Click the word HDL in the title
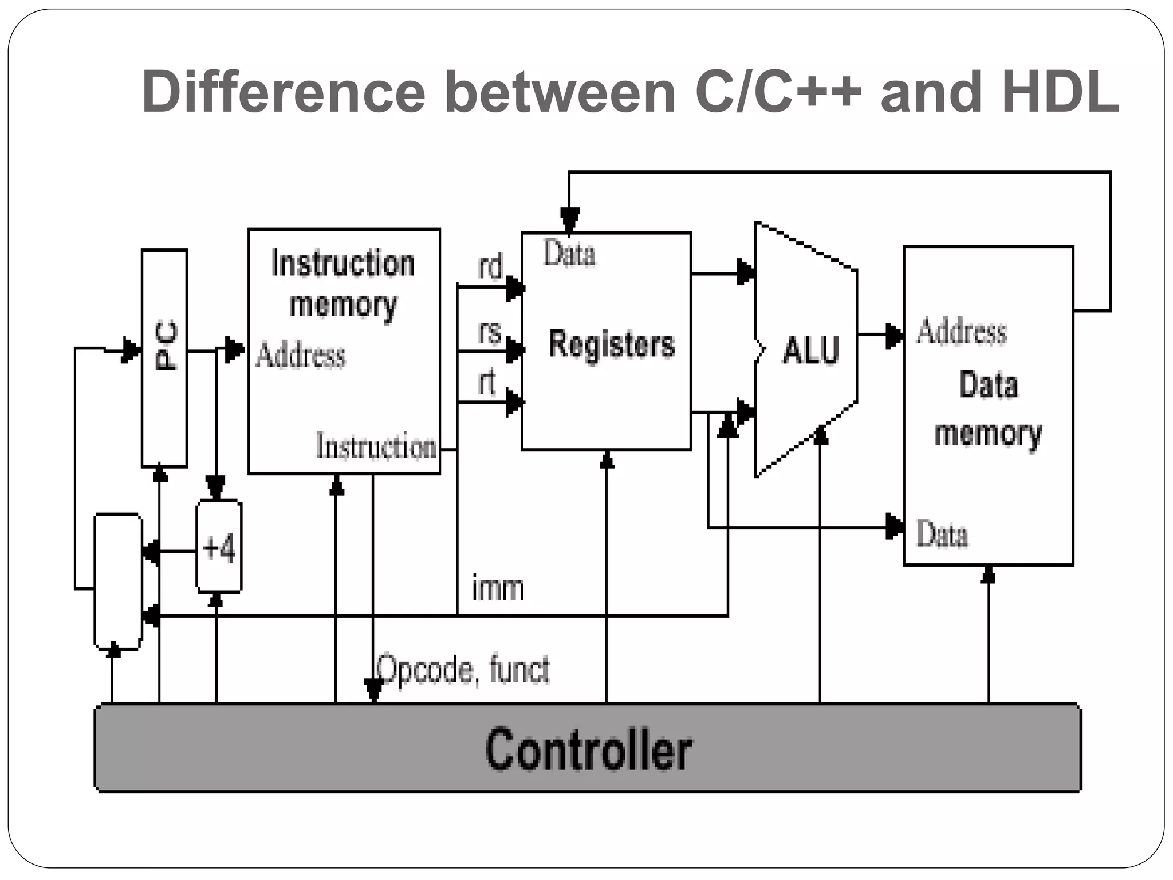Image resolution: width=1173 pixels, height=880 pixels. (1060, 92)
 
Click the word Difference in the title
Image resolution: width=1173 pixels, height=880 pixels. (283, 92)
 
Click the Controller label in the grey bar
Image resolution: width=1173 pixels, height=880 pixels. (588, 749)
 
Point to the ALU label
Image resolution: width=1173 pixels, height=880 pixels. (811, 350)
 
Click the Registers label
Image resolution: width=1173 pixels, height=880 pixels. (612, 344)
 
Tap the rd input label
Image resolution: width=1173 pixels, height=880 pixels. (490, 268)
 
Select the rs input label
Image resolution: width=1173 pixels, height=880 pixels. (490, 332)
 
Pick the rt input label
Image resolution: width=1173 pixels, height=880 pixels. (487, 382)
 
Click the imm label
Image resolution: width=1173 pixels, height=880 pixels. (498, 588)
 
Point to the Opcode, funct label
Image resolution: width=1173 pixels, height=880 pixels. (463, 669)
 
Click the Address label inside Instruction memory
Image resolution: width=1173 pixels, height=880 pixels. (300, 355)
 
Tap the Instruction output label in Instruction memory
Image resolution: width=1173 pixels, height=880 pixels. (376, 446)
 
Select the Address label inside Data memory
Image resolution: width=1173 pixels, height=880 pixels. (961, 332)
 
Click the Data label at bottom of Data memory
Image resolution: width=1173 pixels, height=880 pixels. (942, 534)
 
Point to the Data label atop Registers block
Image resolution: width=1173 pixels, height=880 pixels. (569, 254)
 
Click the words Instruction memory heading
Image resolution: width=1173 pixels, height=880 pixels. (343, 283)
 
